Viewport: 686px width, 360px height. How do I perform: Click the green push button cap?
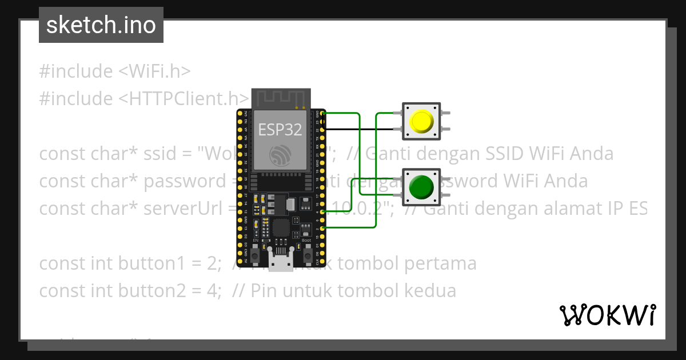point(421,187)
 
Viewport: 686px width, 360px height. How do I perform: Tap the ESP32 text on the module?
point(280,130)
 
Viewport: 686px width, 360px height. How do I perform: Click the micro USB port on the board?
point(280,264)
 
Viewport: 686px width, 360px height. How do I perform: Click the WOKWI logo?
point(608,315)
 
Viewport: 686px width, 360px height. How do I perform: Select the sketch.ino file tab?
point(101,25)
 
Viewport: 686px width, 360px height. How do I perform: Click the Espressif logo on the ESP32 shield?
point(280,155)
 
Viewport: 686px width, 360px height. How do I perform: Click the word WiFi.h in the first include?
point(155,71)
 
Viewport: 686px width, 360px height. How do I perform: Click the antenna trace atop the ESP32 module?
point(280,98)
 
